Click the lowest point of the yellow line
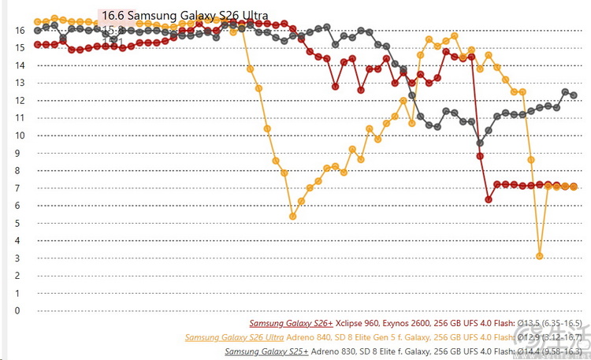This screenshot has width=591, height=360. point(540,256)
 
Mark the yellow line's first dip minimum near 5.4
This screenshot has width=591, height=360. point(293,216)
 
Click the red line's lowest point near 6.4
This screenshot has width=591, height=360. point(489,199)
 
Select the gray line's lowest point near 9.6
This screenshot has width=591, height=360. point(480,143)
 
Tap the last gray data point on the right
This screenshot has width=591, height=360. point(574,95)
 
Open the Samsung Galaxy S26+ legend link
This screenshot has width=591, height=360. point(291,323)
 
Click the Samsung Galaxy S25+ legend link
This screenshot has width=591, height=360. point(266,351)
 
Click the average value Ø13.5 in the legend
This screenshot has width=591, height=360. point(528,323)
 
